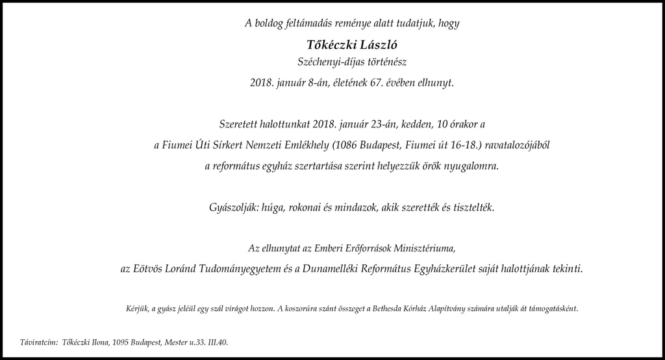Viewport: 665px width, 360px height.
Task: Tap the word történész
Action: click(x=388, y=62)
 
